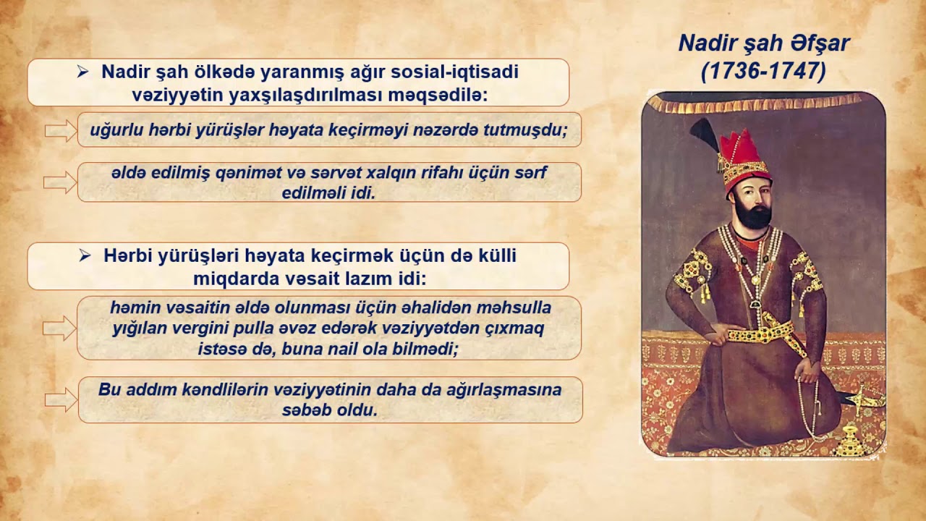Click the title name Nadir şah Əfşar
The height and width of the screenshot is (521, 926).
pyautogui.click(x=763, y=43)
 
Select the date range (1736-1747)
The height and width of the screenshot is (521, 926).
pyautogui.click(x=763, y=72)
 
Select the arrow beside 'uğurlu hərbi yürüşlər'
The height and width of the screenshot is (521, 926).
pyautogui.click(x=61, y=130)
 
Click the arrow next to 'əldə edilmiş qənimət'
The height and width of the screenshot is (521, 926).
pyautogui.click(x=61, y=182)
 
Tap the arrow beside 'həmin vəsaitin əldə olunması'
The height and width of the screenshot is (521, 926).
pyautogui.click(x=61, y=328)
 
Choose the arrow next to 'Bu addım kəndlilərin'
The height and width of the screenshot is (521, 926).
pyautogui.click(x=61, y=399)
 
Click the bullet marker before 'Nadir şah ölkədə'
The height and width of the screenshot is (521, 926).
pyautogui.click(x=83, y=72)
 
